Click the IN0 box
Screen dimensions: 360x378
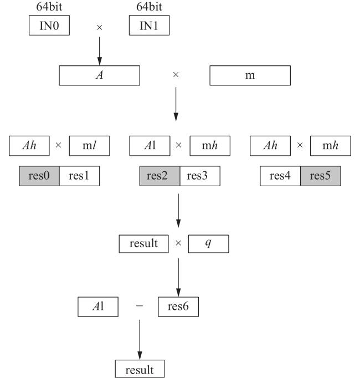coord(49,25)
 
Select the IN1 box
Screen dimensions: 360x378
coord(149,25)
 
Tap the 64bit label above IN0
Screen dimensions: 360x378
coord(49,7)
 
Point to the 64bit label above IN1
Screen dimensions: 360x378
coord(149,7)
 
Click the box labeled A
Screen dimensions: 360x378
coord(100,75)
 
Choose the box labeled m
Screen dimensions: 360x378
coord(250,75)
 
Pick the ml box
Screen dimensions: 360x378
coord(89,146)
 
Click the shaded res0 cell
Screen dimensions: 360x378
coord(39,176)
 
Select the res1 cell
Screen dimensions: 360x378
coord(79,176)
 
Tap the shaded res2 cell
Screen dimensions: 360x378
coord(160,176)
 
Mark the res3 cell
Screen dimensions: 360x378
coord(200,176)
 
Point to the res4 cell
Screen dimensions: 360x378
coord(280,176)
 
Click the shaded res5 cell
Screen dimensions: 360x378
coord(321,176)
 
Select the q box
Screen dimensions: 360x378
coord(208,244)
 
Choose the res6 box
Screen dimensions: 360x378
coord(178,307)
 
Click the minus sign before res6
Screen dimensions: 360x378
coord(140,306)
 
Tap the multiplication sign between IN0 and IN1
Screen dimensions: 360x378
coord(100,28)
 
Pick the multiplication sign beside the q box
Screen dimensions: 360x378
coord(178,243)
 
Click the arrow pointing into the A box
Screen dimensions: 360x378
coord(100,51)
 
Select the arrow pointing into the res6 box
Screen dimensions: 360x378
coord(178,278)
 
